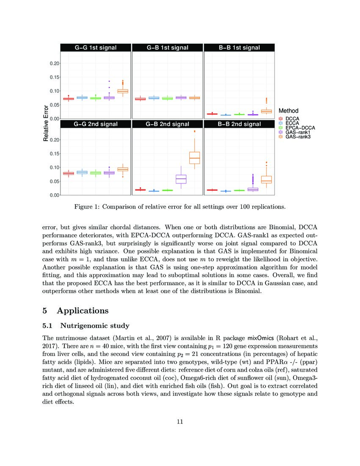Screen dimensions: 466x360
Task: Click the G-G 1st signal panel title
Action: pos(95,48)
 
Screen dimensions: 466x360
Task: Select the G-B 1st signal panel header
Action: pos(167,48)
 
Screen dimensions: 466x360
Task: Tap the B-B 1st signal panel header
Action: pos(239,48)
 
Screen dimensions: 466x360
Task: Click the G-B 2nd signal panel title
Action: pos(167,124)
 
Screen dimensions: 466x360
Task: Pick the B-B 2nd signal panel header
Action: pos(239,124)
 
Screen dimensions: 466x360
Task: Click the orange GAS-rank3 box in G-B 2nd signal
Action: pos(194,158)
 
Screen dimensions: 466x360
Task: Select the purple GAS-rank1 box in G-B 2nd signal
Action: pos(181,179)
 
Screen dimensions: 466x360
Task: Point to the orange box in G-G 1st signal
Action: pos(122,91)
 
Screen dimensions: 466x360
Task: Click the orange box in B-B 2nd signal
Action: pos(266,179)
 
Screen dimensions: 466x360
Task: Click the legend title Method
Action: pos(289,111)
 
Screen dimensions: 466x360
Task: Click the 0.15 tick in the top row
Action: pos(54,77)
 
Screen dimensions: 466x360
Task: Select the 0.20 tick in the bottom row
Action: pos(54,140)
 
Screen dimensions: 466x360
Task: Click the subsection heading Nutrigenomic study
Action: pos(94,326)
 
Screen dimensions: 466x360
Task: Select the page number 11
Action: pos(180,422)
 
